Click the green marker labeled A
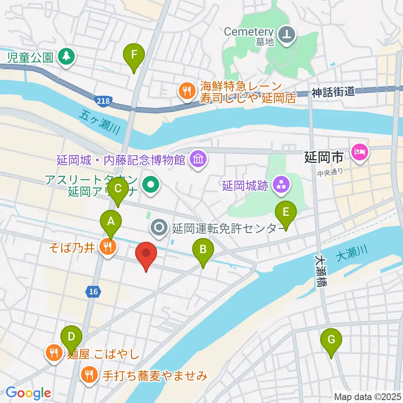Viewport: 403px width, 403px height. click(x=111, y=221)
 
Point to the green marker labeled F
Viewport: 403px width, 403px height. click(x=134, y=55)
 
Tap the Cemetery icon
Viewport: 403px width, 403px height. click(x=288, y=33)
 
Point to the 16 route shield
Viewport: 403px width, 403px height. click(x=93, y=290)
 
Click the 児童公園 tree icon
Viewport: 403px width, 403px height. click(x=65, y=56)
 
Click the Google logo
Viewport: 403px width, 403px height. click(x=28, y=393)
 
